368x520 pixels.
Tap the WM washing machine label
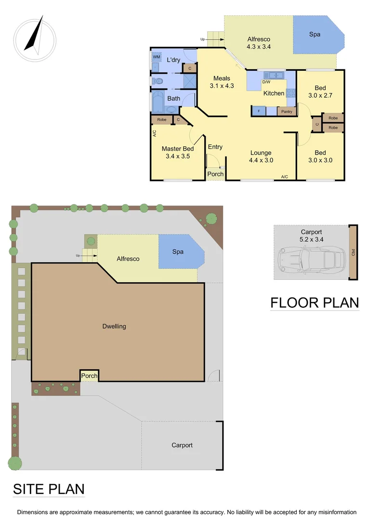coord(156,57)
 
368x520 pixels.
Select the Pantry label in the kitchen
coord(287,112)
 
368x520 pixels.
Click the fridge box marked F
coord(259,112)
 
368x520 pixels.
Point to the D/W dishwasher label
coord(266,82)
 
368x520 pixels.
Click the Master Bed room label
coord(178,153)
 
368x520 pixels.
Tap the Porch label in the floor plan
coord(215,174)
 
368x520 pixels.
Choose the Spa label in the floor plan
coord(315,35)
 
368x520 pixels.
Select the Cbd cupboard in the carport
coord(353,252)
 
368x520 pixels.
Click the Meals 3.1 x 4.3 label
coord(222,82)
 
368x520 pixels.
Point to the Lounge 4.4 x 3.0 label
coord(261,157)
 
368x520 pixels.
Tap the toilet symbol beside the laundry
coord(158,81)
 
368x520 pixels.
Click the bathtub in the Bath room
coord(158,102)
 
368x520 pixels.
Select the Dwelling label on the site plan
coord(114,326)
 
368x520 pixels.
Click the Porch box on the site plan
coord(89,376)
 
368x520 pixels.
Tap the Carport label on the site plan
coord(182,445)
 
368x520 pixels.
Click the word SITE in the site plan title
coord(30,489)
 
